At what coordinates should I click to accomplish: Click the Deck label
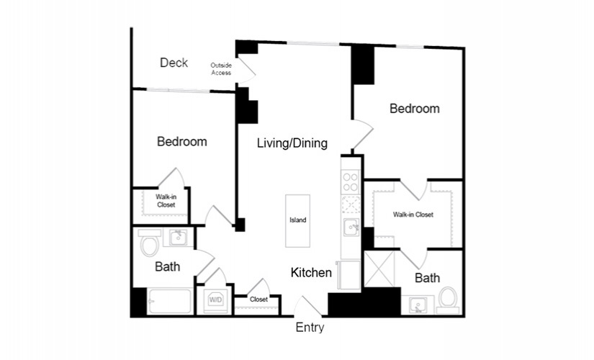[174, 63]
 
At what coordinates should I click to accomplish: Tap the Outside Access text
[221, 69]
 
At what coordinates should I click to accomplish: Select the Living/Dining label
[292, 143]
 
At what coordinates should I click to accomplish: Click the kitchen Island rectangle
[298, 221]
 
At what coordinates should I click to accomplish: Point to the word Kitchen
[311, 272]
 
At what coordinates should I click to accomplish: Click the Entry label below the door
[310, 328]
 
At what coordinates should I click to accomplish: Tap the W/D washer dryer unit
[216, 300]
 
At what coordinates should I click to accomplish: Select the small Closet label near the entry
[258, 300]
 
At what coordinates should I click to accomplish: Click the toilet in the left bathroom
[149, 243]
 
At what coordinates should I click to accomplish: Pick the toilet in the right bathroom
[448, 300]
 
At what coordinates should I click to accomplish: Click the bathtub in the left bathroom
[169, 302]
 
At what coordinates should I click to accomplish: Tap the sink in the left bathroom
[178, 238]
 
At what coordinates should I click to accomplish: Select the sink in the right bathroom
[418, 305]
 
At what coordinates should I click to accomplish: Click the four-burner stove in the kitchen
[351, 182]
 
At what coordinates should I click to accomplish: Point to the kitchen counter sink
[351, 228]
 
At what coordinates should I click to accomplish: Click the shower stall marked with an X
[379, 269]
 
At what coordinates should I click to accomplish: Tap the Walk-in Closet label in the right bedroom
[413, 215]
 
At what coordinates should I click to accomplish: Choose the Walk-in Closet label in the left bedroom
[166, 201]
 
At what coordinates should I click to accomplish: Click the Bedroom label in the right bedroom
[415, 109]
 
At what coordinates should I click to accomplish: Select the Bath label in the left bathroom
[168, 267]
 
